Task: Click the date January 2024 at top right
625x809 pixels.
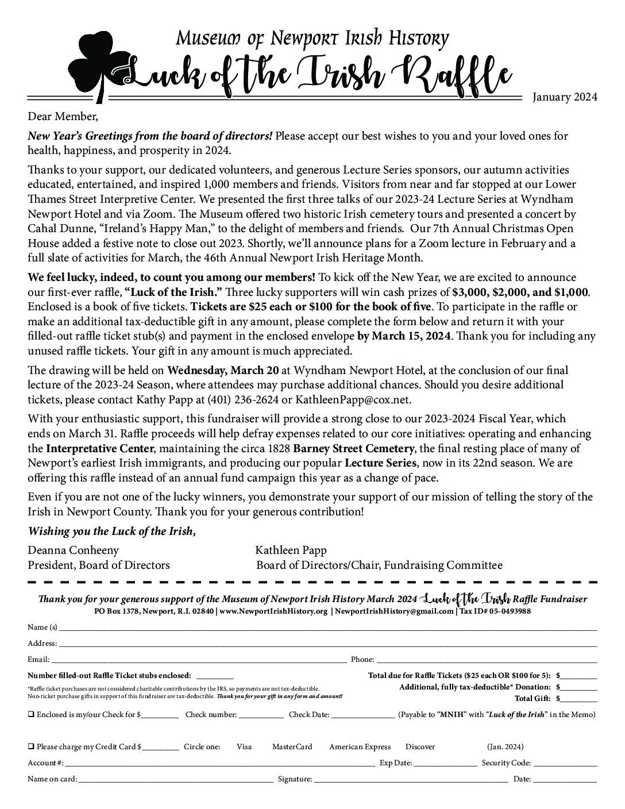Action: (x=565, y=97)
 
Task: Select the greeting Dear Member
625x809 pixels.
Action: (x=63, y=117)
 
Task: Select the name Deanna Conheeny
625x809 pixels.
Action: (x=73, y=550)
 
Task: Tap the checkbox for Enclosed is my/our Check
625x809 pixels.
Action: (x=30, y=715)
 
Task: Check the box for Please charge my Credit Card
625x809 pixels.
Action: (x=30, y=747)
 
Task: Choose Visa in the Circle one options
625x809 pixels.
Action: (x=244, y=747)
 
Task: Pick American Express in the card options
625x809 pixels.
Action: (x=360, y=747)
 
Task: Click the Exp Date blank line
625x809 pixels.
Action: (x=445, y=764)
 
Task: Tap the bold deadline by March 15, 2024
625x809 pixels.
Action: (x=404, y=336)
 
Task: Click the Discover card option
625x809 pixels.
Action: (x=420, y=747)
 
